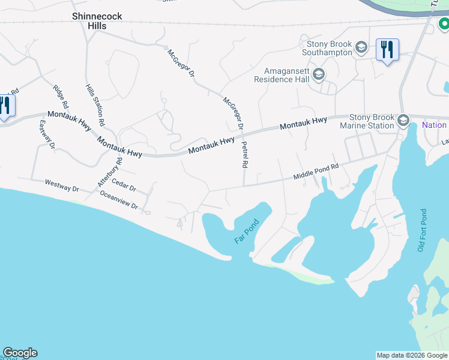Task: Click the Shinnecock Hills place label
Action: click(97, 22)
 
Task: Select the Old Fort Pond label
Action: click(423, 230)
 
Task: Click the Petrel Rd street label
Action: click(246, 154)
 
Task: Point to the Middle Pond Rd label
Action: click(316, 171)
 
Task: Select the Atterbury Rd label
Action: click(110, 171)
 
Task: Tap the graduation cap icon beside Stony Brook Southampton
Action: click(361, 47)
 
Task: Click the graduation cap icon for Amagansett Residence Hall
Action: click(319, 75)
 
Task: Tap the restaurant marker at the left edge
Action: click(5, 106)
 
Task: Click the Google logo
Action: click(20, 353)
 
